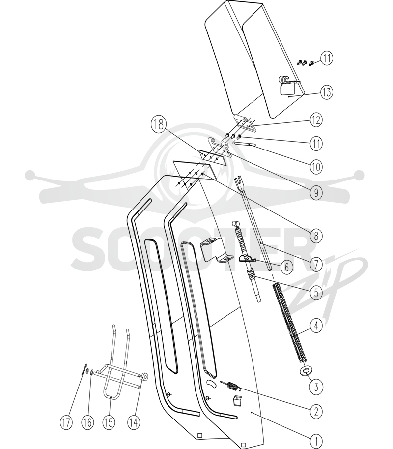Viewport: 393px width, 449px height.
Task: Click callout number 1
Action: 316,441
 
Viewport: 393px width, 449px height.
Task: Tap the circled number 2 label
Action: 316,412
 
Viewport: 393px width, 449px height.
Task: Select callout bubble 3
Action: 316,387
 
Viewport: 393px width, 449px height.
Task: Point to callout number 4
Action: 316,326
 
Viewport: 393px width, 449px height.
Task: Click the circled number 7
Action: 316,264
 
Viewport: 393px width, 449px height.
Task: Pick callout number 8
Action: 316,236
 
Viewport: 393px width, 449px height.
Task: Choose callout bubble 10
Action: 316,166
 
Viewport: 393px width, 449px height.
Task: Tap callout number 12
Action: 316,120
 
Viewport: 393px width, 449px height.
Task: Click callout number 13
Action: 327,92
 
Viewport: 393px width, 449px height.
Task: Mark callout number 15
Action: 109,422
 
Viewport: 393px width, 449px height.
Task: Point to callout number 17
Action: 66,422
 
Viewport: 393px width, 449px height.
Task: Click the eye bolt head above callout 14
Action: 144,376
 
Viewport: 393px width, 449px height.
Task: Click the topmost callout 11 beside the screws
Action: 327,58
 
